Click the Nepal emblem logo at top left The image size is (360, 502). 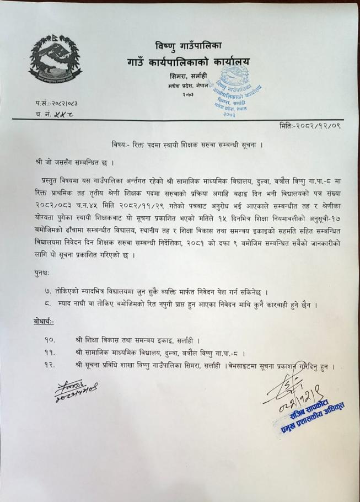pos(55,60)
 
